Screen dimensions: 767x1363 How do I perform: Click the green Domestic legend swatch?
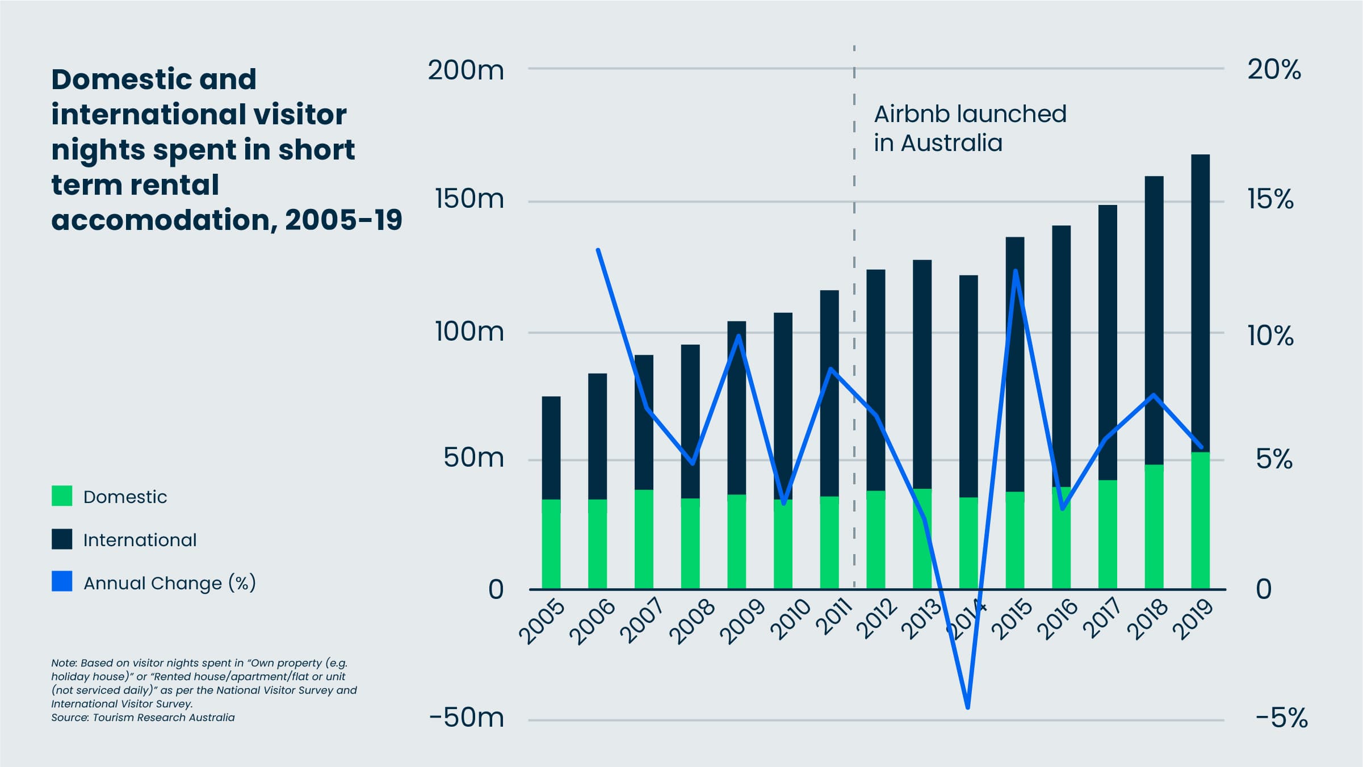coord(62,496)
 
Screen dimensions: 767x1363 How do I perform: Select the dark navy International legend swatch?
coord(62,539)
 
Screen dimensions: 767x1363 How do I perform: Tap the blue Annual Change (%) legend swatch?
coord(62,581)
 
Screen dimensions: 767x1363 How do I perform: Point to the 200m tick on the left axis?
coord(465,70)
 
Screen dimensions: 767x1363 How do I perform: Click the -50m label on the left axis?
coord(467,718)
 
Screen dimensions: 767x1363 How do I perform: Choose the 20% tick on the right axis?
coord(1274,70)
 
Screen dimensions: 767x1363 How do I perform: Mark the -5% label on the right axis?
coord(1281,718)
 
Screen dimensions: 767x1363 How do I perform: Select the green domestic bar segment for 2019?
coord(1200,519)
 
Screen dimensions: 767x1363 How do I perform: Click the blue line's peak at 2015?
coord(1016,271)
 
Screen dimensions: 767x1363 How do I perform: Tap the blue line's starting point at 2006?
coord(598,250)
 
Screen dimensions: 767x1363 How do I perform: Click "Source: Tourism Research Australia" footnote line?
coord(143,717)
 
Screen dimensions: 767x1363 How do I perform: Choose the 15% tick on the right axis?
coord(1270,199)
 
